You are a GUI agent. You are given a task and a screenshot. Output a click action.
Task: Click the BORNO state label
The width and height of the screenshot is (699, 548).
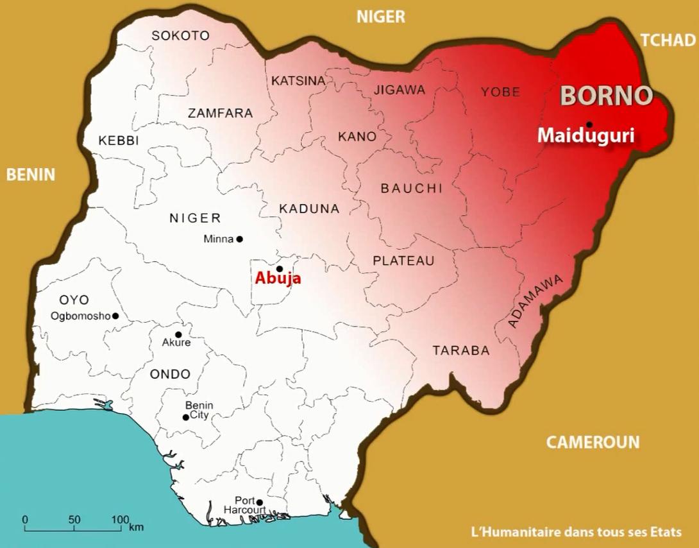click(x=607, y=96)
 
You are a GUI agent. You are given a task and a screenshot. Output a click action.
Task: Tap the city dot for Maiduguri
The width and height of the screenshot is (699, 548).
click(x=589, y=124)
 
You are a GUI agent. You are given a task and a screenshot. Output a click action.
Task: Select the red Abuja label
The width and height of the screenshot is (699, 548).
click(x=278, y=278)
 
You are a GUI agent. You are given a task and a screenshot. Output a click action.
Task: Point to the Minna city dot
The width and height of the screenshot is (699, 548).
click(x=240, y=239)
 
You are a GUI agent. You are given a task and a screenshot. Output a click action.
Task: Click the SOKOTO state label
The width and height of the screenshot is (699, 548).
click(x=180, y=36)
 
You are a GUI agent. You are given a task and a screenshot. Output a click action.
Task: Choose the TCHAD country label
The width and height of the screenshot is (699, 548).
click(x=668, y=40)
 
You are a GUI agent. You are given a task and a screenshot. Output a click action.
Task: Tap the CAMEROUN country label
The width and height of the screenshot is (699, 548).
click(x=593, y=441)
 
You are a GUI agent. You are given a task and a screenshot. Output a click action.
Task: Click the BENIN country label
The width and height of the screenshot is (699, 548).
click(x=31, y=175)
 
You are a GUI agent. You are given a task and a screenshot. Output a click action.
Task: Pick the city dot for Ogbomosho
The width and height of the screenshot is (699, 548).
click(x=115, y=316)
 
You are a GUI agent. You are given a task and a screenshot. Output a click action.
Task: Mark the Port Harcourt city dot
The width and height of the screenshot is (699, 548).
click(x=260, y=502)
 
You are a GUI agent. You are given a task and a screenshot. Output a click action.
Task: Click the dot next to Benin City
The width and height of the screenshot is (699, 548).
click(x=186, y=417)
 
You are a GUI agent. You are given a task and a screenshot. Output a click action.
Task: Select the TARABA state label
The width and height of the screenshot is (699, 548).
click(x=460, y=350)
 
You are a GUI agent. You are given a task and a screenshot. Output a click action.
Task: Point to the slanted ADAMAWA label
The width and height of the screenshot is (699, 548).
click(x=535, y=301)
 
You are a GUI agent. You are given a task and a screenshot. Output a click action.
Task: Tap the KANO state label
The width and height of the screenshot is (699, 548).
click(x=357, y=137)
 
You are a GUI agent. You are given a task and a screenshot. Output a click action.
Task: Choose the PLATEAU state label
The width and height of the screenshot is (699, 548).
click(x=403, y=261)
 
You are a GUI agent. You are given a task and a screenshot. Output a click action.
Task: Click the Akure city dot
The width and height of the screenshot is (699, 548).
click(x=178, y=334)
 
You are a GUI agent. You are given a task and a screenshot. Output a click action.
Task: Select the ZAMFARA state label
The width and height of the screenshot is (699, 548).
click(x=220, y=114)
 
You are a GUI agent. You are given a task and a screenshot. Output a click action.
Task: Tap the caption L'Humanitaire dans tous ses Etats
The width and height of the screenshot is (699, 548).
click(x=575, y=532)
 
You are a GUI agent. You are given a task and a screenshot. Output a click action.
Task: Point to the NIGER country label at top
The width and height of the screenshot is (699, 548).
click(x=381, y=17)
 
